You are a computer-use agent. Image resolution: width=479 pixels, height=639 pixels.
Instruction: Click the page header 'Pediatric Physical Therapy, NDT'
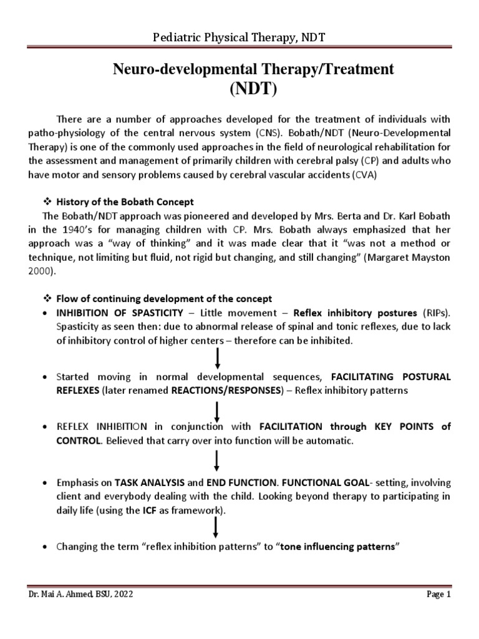(x=239, y=39)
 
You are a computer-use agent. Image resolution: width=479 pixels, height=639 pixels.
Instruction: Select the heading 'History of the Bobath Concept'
(x=125, y=202)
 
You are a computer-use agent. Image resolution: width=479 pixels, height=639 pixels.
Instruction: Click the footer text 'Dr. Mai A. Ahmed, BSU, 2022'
(x=80, y=595)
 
